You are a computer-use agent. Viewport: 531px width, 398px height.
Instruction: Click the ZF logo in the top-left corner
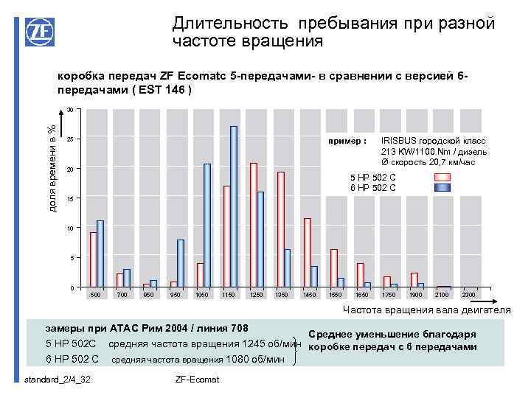[x=38, y=33]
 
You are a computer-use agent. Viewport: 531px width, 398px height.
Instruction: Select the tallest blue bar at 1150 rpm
[x=234, y=206]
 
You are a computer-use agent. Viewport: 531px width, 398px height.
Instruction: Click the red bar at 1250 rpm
[x=254, y=225]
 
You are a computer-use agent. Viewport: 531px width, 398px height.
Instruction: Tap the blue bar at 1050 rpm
[x=207, y=225]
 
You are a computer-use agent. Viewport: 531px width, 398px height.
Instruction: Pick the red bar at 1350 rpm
[x=280, y=229]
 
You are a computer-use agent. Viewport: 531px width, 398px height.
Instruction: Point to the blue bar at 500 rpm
[x=100, y=254]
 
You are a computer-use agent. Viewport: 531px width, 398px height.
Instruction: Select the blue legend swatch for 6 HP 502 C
[x=441, y=188]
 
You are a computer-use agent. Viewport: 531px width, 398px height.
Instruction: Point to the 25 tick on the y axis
[x=68, y=140]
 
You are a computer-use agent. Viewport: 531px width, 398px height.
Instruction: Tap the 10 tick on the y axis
[x=68, y=228]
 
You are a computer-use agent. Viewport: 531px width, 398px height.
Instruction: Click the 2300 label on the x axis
[x=468, y=295]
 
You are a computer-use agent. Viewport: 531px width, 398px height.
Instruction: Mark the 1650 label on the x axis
[x=362, y=295]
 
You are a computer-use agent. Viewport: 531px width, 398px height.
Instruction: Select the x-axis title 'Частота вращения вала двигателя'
[x=427, y=310]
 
